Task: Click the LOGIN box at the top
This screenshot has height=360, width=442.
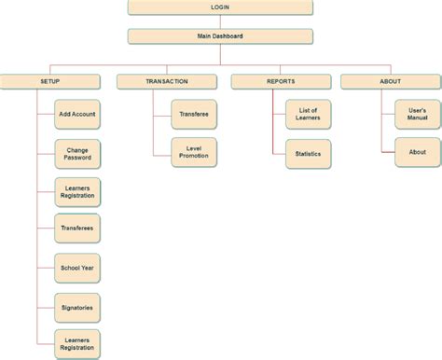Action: (220, 8)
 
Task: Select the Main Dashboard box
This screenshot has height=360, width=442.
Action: (220, 36)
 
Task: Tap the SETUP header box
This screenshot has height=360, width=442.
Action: (50, 82)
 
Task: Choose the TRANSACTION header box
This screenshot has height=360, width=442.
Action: (167, 82)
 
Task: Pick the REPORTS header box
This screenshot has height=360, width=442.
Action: (281, 82)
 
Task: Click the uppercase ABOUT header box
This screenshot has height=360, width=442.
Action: (390, 82)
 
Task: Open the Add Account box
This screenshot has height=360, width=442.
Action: (77, 115)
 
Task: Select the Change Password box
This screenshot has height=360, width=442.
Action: (77, 153)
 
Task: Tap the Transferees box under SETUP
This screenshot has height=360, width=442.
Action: (77, 228)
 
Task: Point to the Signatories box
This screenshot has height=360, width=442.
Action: (77, 306)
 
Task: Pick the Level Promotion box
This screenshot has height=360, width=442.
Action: (194, 153)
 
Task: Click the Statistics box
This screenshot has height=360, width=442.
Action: (307, 153)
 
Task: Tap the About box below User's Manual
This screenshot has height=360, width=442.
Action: (417, 153)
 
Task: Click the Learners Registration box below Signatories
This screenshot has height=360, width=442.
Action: (77, 343)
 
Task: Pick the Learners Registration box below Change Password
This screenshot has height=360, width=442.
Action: (77, 191)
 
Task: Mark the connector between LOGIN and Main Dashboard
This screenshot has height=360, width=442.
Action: (220, 22)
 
